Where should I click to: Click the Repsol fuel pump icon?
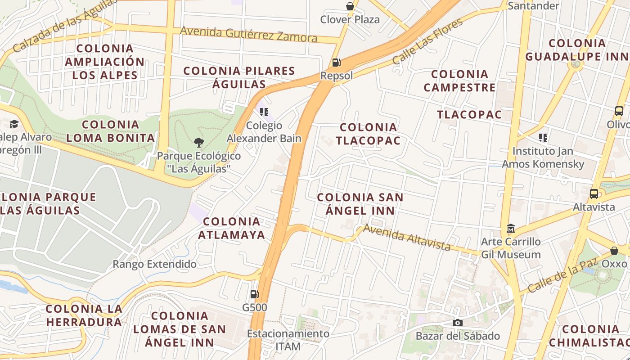click(x=336, y=63)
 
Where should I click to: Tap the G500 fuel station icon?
click(x=254, y=295)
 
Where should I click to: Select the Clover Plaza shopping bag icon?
click(x=350, y=6)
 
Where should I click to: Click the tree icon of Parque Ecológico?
click(x=198, y=143)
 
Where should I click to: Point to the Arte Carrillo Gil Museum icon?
click(x=510, y=229)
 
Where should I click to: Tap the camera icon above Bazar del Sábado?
click(x=458, y=323)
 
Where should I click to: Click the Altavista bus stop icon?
click(x=594, y=194)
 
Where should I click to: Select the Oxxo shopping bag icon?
click(x=614, y=251)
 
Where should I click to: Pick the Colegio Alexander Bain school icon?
click(x=264, y=112)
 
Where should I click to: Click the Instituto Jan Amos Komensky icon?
click(x=543, y=138)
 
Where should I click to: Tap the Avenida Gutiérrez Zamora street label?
click(x=249, y=34)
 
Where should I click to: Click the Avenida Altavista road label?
click(x=407, y=237)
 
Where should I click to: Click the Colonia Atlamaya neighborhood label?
click(x=232, y=228)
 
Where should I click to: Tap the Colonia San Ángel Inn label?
click(x=360, y=204)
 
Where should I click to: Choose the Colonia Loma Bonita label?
click(x=111, y=131)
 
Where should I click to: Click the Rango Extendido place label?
click(x=154, y=264)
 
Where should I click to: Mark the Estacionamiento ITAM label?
click(x=288, y=340)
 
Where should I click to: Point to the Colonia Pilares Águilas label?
click(x=239, y=77)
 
